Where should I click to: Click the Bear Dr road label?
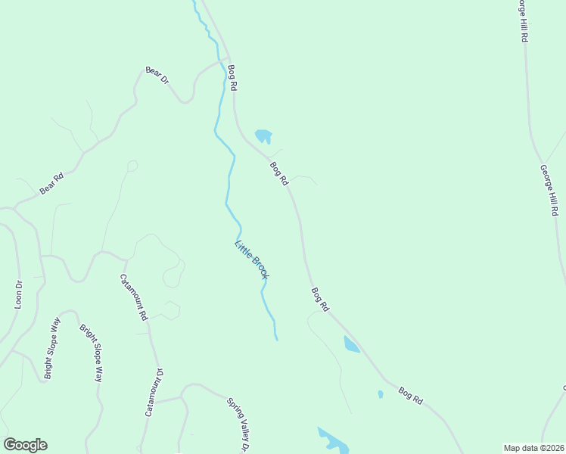[x=157, y=75]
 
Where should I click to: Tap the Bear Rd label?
[x=51, y=185]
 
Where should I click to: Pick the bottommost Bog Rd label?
[x=409, y=394]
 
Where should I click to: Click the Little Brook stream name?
[x=252, y=260]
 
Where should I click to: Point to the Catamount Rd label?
[x=133, y=297]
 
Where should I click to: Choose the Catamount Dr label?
[x=154, y=393]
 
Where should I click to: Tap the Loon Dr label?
[x=19, y=294]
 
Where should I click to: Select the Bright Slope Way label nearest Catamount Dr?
[x=91, y=353]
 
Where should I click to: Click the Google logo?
[x=25, y=445]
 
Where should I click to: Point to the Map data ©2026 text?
[x=533, y=448]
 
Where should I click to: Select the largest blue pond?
[x=333, y=441]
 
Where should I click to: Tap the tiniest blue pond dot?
[x=380, y=394]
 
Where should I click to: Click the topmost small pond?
[x=263, y=136]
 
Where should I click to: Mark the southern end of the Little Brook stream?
[x=276, y=338]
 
